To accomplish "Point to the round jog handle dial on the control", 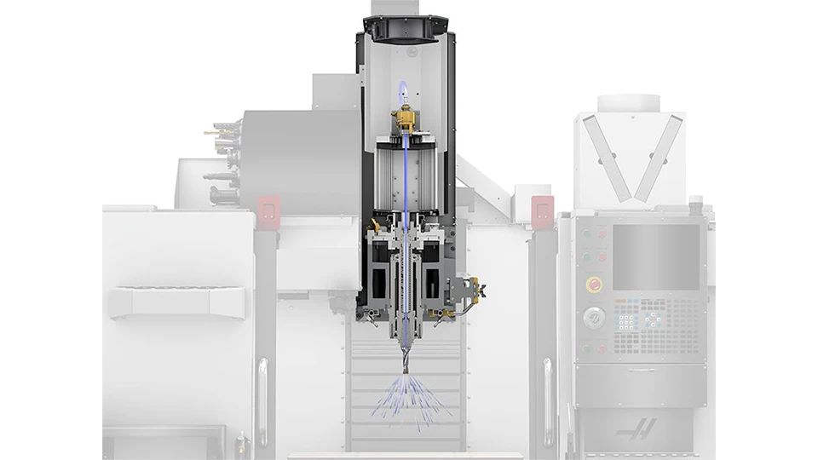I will point(591,317).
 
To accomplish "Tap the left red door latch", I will point(267,208).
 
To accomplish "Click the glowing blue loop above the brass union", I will point(403,90).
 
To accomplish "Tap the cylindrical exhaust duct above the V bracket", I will point(629,103).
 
